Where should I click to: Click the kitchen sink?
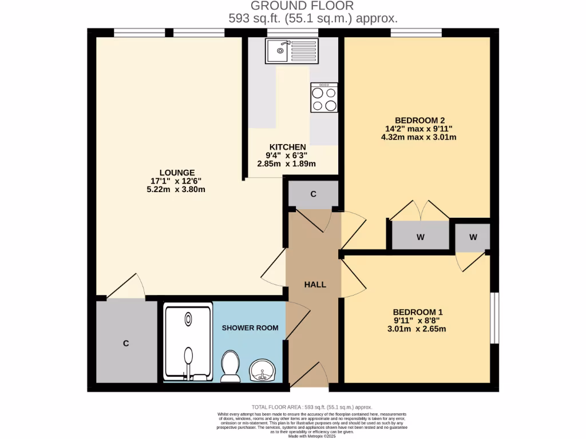tap(291, 51)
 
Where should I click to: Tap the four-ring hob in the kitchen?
tap(324, 98)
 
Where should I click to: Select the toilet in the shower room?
tap(230, 366)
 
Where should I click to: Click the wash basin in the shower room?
tap(263, 370)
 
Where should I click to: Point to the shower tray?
tap(188, 342)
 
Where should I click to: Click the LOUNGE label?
tap(177, 173)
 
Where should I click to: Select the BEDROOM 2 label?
tap(420, 120)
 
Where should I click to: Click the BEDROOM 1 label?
tap(418, 312)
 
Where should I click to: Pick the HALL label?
tap(315, 284)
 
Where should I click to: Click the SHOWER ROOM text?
tap(250, 328)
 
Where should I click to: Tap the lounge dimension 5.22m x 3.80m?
tap(176, 189)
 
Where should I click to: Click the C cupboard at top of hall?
tap(313, 194)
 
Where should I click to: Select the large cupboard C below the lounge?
tap(126, 343)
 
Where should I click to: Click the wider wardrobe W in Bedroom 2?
tap(421, 236)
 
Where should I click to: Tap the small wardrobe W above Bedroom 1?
tap(473, 236)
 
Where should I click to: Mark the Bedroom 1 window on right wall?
tap(494, 318)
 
